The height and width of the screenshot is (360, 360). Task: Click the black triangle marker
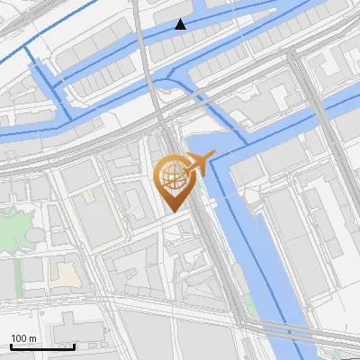(181, 24)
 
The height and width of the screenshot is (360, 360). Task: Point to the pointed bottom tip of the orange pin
(173, 211)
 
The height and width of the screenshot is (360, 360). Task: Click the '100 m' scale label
(23, 337)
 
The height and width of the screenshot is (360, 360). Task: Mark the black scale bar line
(40, 346)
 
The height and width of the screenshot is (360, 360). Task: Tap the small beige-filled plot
(65, 274)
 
